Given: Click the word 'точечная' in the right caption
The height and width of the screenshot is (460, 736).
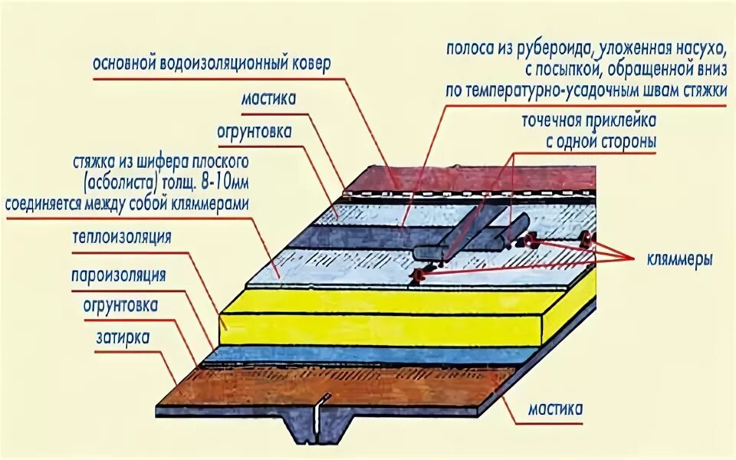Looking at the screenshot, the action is (557, 122).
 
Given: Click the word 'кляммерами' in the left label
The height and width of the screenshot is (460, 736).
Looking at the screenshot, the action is (211, 204).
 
